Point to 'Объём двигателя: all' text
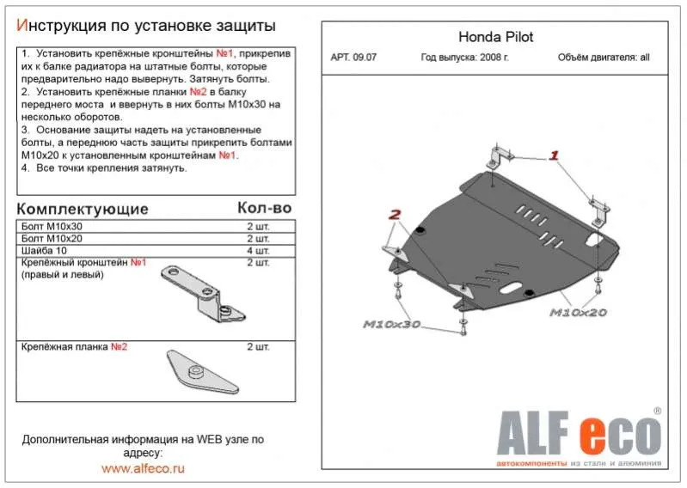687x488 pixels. (x=604, y=59)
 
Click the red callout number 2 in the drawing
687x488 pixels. (x=395, y=214)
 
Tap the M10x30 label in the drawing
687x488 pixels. (x=391, y=324)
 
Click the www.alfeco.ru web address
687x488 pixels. (x=143, y=468)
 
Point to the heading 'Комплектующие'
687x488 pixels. (x=83, y=209)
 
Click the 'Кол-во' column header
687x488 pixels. (x=264, y=208)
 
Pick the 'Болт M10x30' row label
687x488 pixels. (x=52, y=226)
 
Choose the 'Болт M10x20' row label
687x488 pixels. (x=52, y=238)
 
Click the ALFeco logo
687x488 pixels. (x=574, y=436)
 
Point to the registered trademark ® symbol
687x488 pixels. (x=657, y=412)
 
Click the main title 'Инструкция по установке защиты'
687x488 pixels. (x=147, y=24)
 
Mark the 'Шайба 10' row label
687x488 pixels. (x=45, y=250)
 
